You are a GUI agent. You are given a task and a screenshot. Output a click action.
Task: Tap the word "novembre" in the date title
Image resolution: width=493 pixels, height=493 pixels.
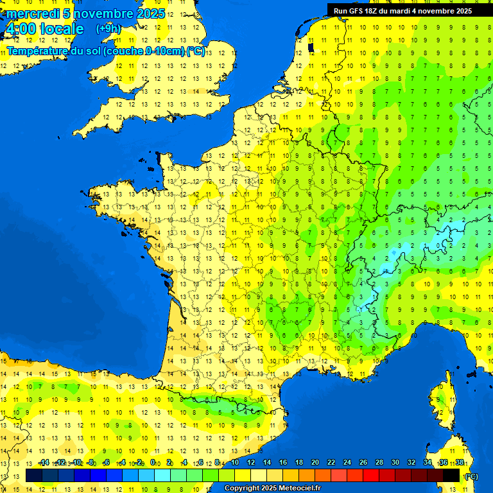(x=103, y=13)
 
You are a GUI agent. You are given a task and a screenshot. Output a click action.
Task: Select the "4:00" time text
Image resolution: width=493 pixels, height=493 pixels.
(x=20, y=29)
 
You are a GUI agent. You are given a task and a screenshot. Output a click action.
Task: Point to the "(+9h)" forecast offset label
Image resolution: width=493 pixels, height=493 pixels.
(x=108, y=28)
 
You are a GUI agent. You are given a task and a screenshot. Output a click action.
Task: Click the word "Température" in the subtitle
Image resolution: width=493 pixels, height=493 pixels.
(x=38, y=51)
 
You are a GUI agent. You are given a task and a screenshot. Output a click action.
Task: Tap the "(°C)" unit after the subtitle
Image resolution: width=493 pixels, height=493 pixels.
(x=196, y=51)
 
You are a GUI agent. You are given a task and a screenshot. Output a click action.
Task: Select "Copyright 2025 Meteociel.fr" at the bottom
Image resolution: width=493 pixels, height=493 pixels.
(x=272, y=489)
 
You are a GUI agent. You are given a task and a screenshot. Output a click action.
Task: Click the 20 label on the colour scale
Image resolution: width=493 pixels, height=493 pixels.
(x=315, y=462)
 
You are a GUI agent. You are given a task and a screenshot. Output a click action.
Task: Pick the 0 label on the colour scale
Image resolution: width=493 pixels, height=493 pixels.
(x=153, y=462)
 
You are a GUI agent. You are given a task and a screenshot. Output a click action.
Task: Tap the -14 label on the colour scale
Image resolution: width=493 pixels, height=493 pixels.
(x=44, y=462)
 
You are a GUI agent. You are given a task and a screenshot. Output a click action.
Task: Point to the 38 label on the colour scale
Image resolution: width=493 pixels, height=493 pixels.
(x=459, y=462)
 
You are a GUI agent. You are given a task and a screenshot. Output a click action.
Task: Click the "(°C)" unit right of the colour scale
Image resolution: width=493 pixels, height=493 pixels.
(x=471, y=476)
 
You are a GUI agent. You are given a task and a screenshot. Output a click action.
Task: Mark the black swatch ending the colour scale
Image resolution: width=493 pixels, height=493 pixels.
(x=451, y=475)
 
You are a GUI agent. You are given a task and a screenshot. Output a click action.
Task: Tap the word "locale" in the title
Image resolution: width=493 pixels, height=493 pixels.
(x=61, y=29)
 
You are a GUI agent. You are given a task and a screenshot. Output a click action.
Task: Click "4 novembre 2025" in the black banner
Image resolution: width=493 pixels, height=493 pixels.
(x=443, y=11)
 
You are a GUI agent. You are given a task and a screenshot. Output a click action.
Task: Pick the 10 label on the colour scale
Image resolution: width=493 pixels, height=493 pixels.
(x=234, y=462)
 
